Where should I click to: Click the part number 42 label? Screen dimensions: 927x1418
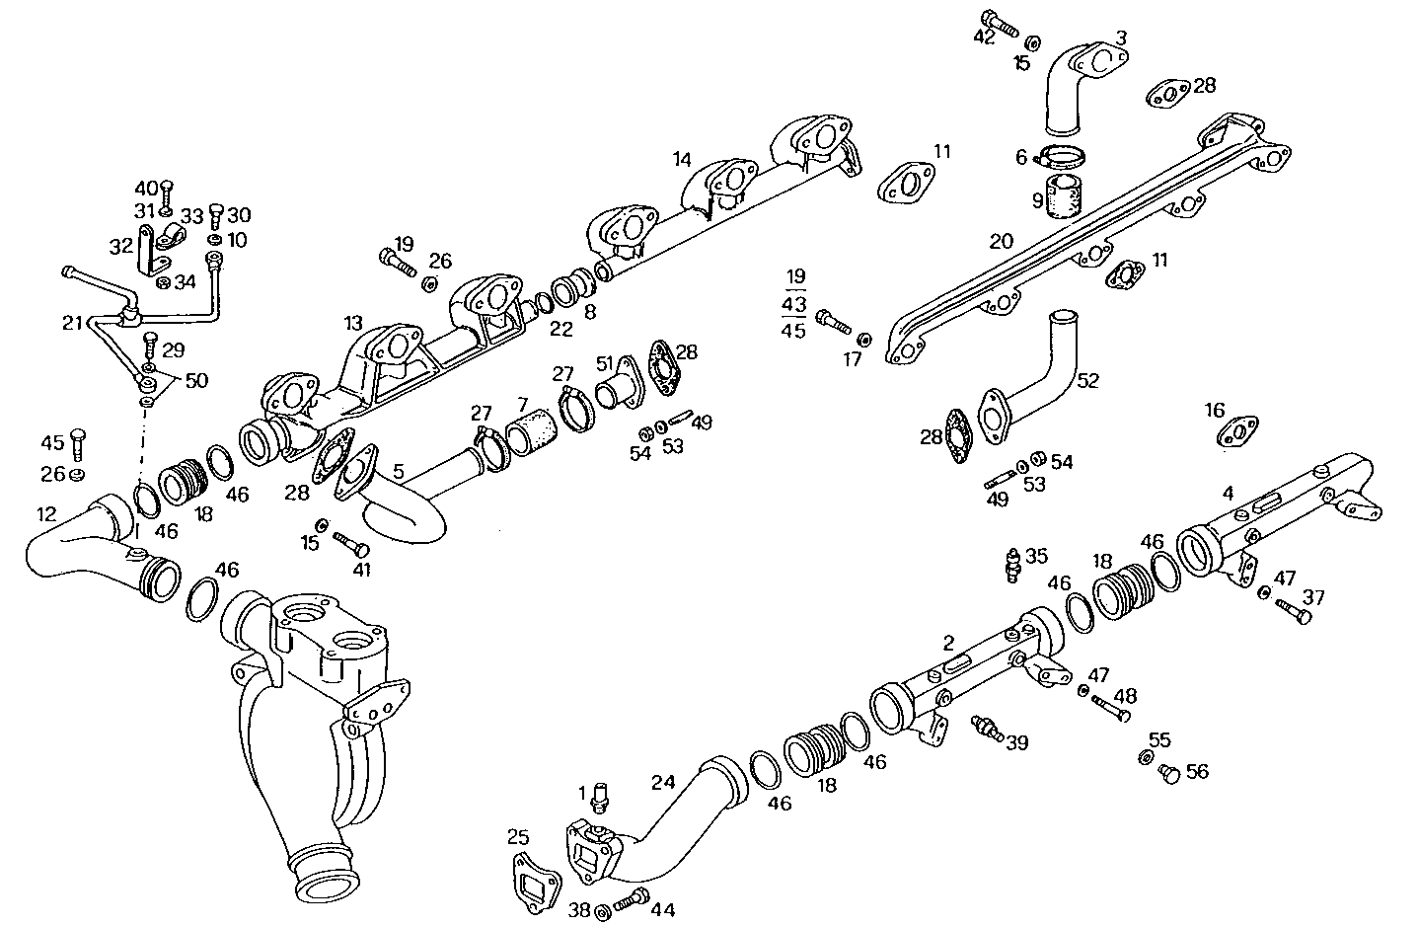point(984,37)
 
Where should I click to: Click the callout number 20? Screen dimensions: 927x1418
point(1001,241)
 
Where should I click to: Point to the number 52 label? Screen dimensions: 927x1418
point(1086,379)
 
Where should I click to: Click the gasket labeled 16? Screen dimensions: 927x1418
point(1236,431)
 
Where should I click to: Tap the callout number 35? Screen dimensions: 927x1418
point(1036,556)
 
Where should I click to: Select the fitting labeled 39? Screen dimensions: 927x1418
point(987,729)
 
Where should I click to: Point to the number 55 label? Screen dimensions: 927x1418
point(1159,738)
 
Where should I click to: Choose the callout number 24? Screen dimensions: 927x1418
point(663,783)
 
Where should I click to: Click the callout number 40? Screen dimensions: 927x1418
point(146,188)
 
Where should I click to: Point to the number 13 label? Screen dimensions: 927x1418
point(354,324)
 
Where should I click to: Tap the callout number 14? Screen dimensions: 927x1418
point(683,159)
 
